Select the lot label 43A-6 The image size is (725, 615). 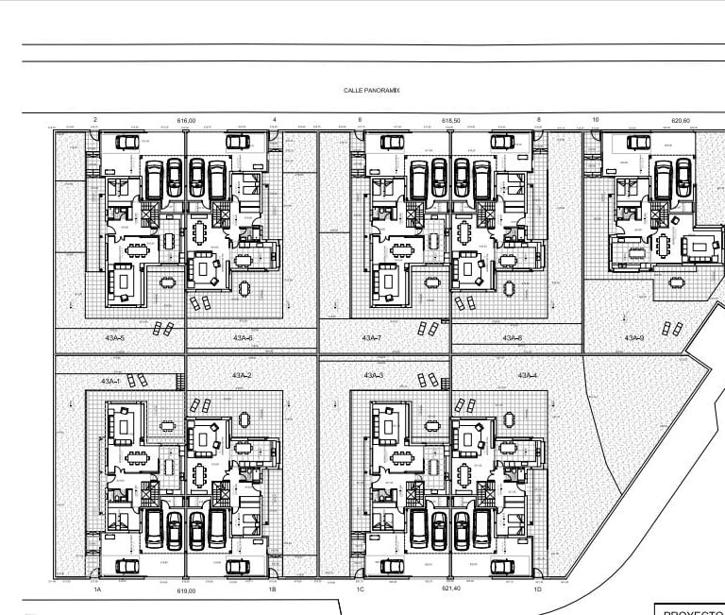tap(242, 337)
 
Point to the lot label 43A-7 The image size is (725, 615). tap(371, 337)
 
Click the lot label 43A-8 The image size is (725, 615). tap(513, 337)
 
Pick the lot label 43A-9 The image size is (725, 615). tap(634, 337)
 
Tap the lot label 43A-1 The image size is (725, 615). tap(110, 381)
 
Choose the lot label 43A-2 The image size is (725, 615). tap(242, 375)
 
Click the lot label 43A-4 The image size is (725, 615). tap(527, 375)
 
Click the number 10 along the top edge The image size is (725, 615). tap(596, 120)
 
